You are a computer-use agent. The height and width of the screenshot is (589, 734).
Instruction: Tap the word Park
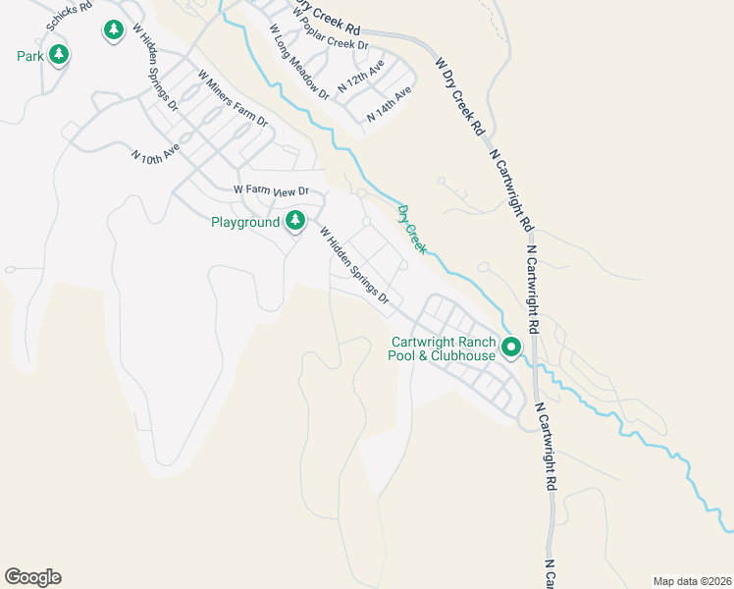point(29,56)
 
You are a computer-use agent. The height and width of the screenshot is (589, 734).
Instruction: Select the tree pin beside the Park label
point(59,54)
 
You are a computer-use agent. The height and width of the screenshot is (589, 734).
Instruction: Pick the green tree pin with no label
point(113,30)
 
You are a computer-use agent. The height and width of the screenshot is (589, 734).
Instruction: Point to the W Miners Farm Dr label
point(233,99)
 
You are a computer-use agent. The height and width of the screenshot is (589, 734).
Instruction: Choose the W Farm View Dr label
point(271,190)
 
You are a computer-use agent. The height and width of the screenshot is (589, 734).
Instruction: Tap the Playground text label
point(245,223)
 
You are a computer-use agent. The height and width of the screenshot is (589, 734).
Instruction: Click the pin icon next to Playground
point(294,222)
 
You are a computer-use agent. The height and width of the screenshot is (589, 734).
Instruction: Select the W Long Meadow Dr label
point(298,61)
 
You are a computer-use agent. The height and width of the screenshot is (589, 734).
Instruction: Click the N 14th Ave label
point(389,104)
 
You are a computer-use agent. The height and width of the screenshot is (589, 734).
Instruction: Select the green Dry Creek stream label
point(411,230)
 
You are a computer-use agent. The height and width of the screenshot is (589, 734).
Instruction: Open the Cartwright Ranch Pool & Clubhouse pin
point(511,347)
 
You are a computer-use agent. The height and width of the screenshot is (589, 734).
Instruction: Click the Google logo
point(32,577)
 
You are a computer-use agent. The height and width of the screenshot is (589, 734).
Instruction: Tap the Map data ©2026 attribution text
point(690,580)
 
